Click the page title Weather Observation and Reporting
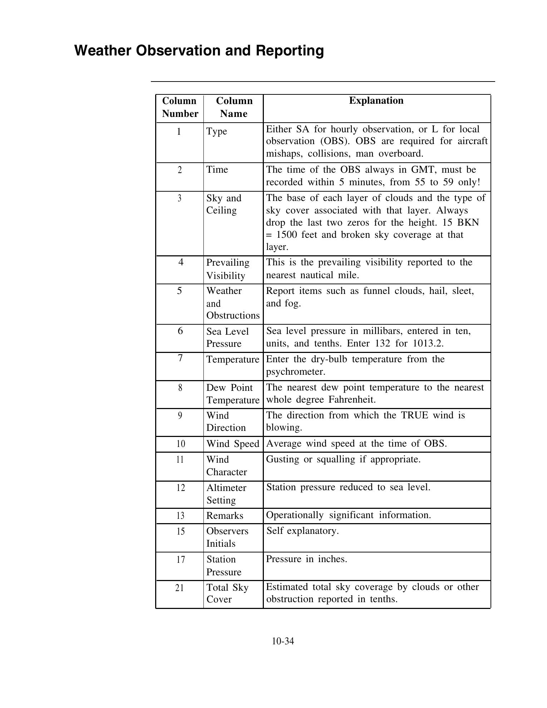tap(199, 50)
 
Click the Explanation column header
tap(376, 100)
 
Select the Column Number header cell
tap(179, 107)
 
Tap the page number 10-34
tap(282, 641)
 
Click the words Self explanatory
tap(302, 531)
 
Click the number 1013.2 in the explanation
tap(428, 344)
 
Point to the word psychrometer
tap(296, 372)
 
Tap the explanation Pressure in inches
tap(306, 559)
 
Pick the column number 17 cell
tap(181, 559)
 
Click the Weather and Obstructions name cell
tap(233, 303)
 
